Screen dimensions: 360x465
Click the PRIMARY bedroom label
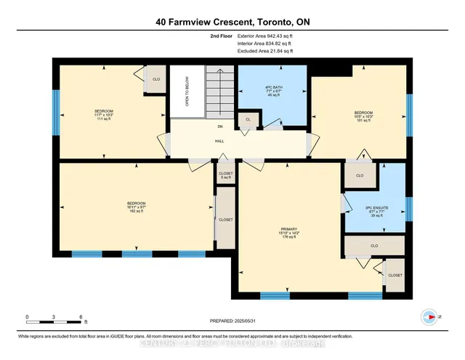pyautogui.click(x=290, y=233)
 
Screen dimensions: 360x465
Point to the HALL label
pyautogui.click(x=219, y=141)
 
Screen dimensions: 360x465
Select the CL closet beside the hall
pyautogui.click(x=248, y=120)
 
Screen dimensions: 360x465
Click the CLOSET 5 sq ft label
pyautogui.click(x=225, y=175)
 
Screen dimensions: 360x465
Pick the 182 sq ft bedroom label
pyautogui.click(x=137, y=207)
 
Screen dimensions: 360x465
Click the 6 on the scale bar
pyautogui.click(x=81, y=316)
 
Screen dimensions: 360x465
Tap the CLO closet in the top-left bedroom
pyautogui.click(x=155, y=79)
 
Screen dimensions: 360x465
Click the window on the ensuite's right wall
pyautogui.click(x=408, y=209)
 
